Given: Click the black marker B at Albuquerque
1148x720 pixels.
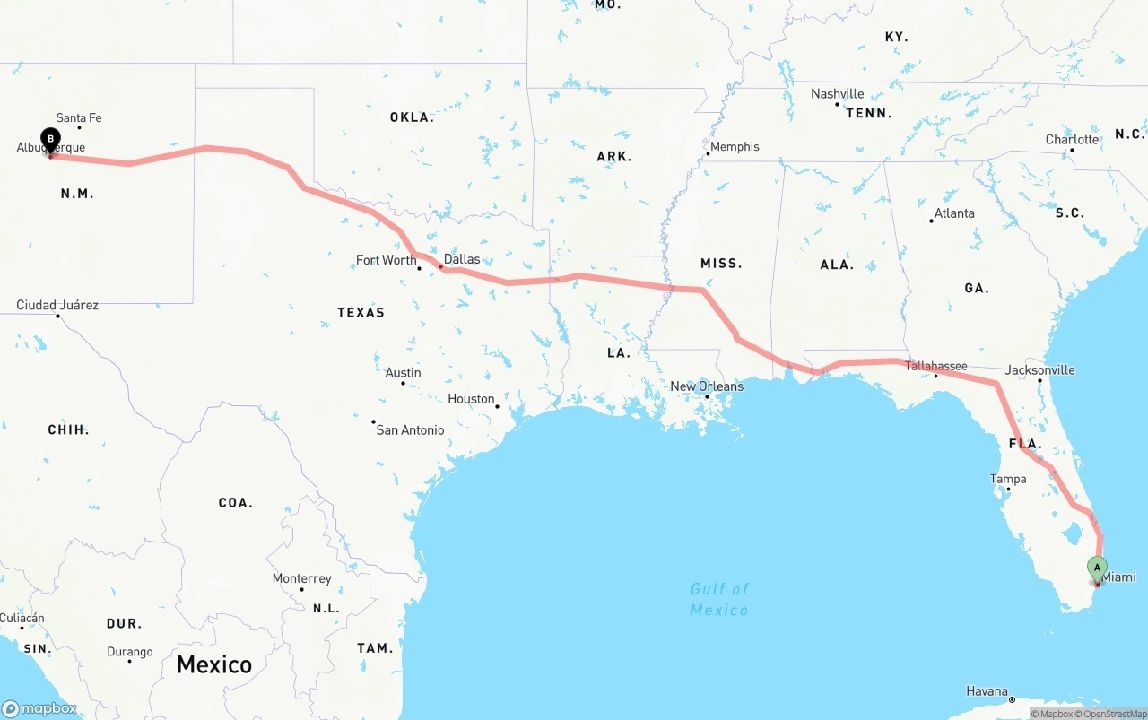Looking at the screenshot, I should click(x=51, y=141).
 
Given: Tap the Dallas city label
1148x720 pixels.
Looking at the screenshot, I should click(x=462, y=259).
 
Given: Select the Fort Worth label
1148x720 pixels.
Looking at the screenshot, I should click(x=386, y=260).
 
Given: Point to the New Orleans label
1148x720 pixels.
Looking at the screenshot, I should click(x=707, y=386).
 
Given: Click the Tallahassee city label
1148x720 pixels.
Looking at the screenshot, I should click(x=935, y=366).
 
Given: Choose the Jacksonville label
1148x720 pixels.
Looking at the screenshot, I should click(x=1039, y=369).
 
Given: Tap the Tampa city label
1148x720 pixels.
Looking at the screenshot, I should click(x=1008, y=479).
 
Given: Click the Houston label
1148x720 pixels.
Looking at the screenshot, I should click(x=471, y=399).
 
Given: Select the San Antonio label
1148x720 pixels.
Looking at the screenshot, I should click(x=410, y=430).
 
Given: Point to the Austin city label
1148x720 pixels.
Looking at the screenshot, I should click(x=403, y=373).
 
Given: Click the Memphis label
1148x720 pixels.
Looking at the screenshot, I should click(x=735, y=147).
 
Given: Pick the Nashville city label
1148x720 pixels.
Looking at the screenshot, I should click(x=837, y=94).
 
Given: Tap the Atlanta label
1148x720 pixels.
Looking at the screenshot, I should click(x=954, y=213).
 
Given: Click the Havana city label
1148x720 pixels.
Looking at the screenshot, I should click(x=987, y=691).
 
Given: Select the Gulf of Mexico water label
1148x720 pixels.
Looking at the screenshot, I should click(x=719, y=599).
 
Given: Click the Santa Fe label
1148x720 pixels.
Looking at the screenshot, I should click(x=79, y=118).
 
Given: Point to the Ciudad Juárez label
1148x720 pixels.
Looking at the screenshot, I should click(x=57, y=306).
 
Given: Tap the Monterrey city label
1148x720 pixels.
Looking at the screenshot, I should click(x=301, y=579).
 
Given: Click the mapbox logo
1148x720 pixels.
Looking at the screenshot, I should click(x=39, y=708).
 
